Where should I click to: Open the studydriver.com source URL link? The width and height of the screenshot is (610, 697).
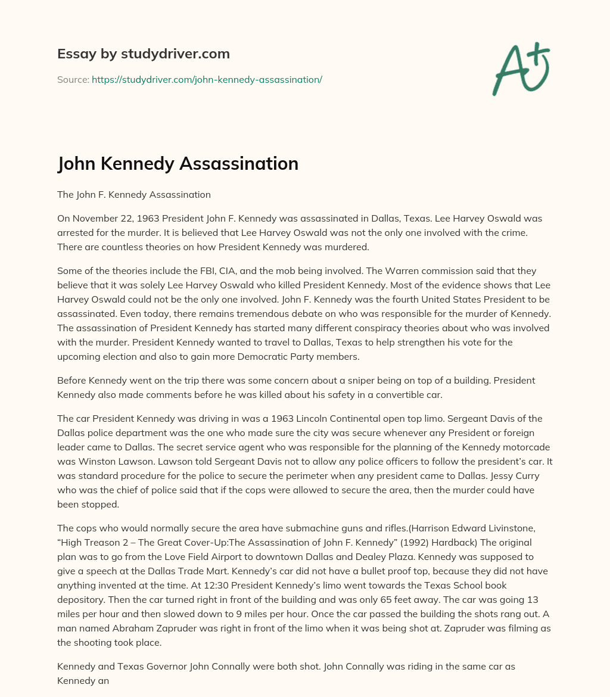207,79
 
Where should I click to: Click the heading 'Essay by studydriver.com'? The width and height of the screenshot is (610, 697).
143,54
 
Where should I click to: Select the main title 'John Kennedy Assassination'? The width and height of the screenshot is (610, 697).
178,163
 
